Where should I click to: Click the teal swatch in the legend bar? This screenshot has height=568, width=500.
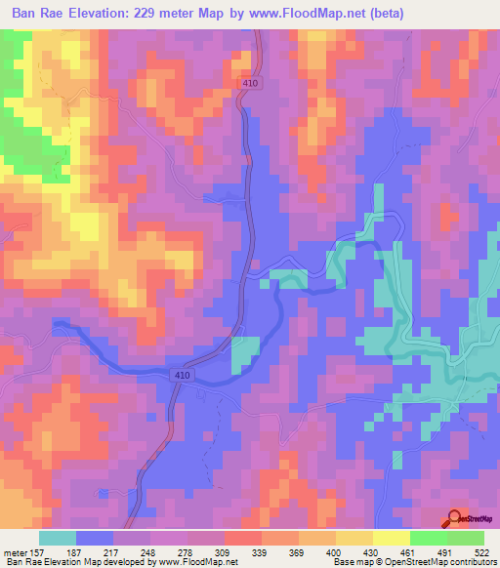(58, 538)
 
